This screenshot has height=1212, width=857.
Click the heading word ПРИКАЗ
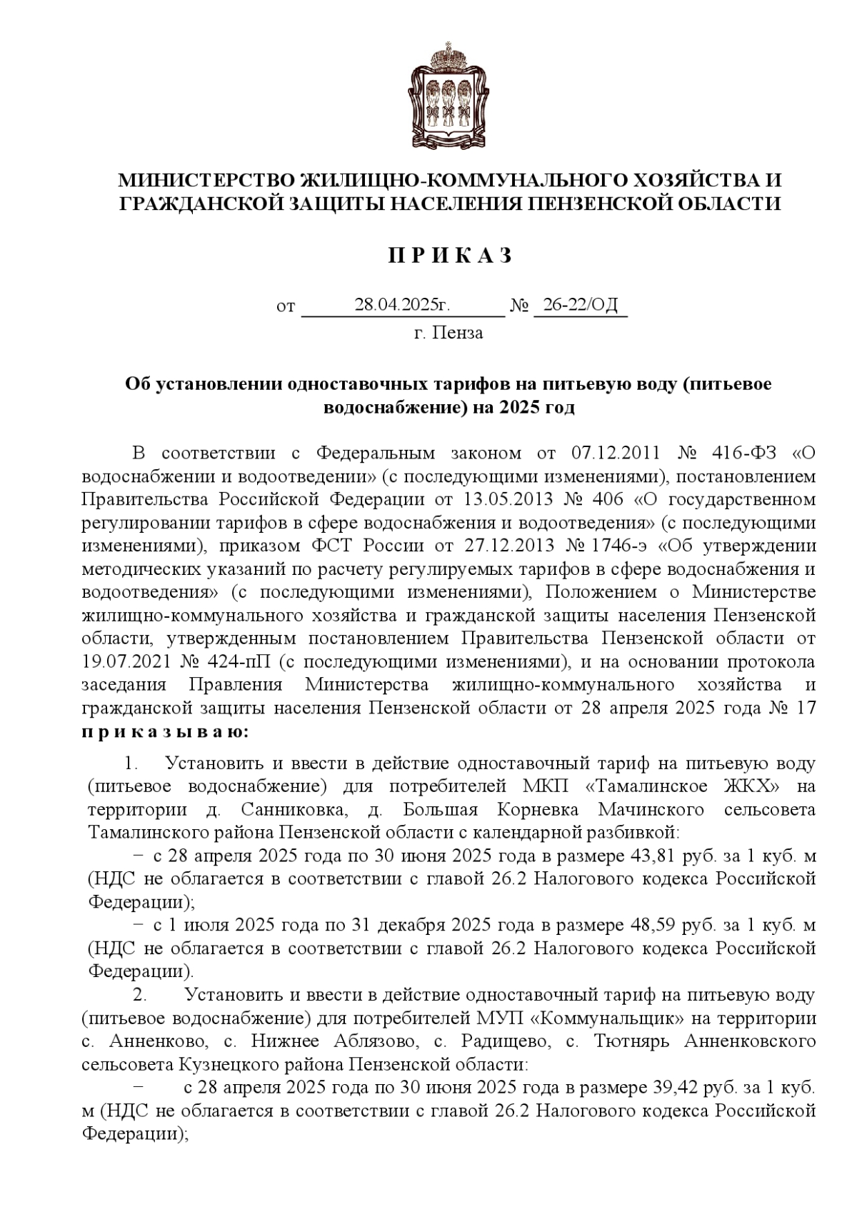450,256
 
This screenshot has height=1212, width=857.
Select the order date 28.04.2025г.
402,306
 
